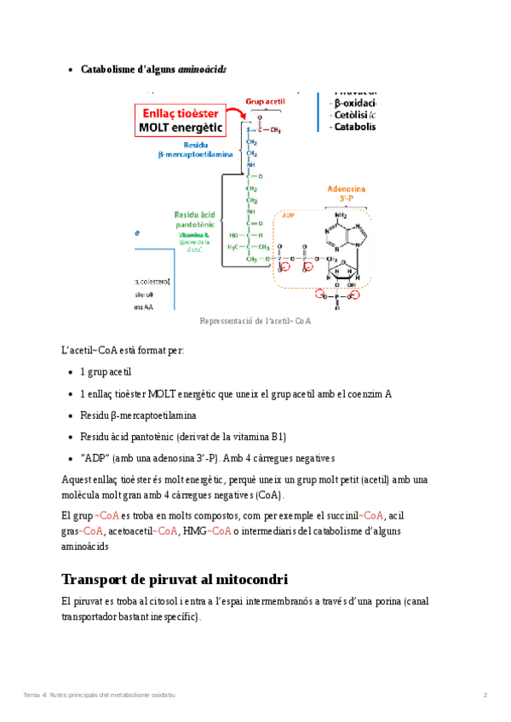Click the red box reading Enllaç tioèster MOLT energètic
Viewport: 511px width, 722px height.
click(180, 121)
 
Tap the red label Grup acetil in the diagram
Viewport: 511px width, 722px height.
click(265, 101)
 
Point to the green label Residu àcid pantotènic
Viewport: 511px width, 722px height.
click(198, 220)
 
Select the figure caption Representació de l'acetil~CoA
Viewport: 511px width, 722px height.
click(255, 321)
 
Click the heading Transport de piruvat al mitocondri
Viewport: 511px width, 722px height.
click(175, 579)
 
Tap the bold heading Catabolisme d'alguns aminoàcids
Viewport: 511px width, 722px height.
click(153, 69)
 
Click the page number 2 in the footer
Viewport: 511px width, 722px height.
click(485, 696)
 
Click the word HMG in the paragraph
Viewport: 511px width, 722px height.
click(195, 530)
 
